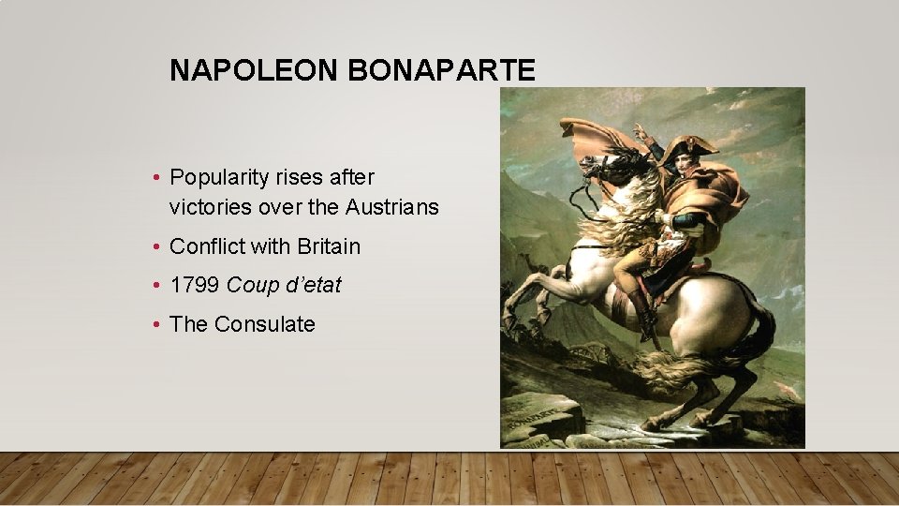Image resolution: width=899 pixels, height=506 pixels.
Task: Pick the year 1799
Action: click(x=195, y=285)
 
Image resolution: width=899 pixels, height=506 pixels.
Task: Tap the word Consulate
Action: click(x=265, y=324)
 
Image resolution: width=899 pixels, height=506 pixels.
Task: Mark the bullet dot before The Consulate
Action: click(x=158, y=325)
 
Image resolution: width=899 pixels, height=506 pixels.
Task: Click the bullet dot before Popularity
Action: click(x=158, y=178)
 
